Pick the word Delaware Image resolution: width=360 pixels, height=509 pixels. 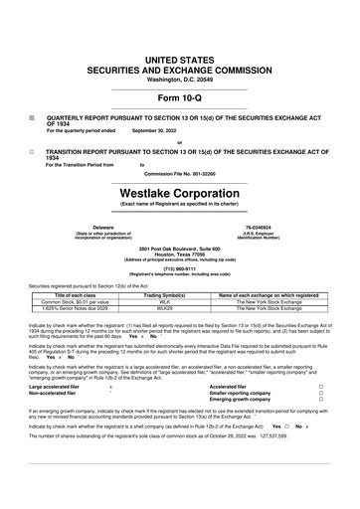[x=75, y=227]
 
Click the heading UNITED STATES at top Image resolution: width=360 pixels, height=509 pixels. [x=179, y=61]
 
